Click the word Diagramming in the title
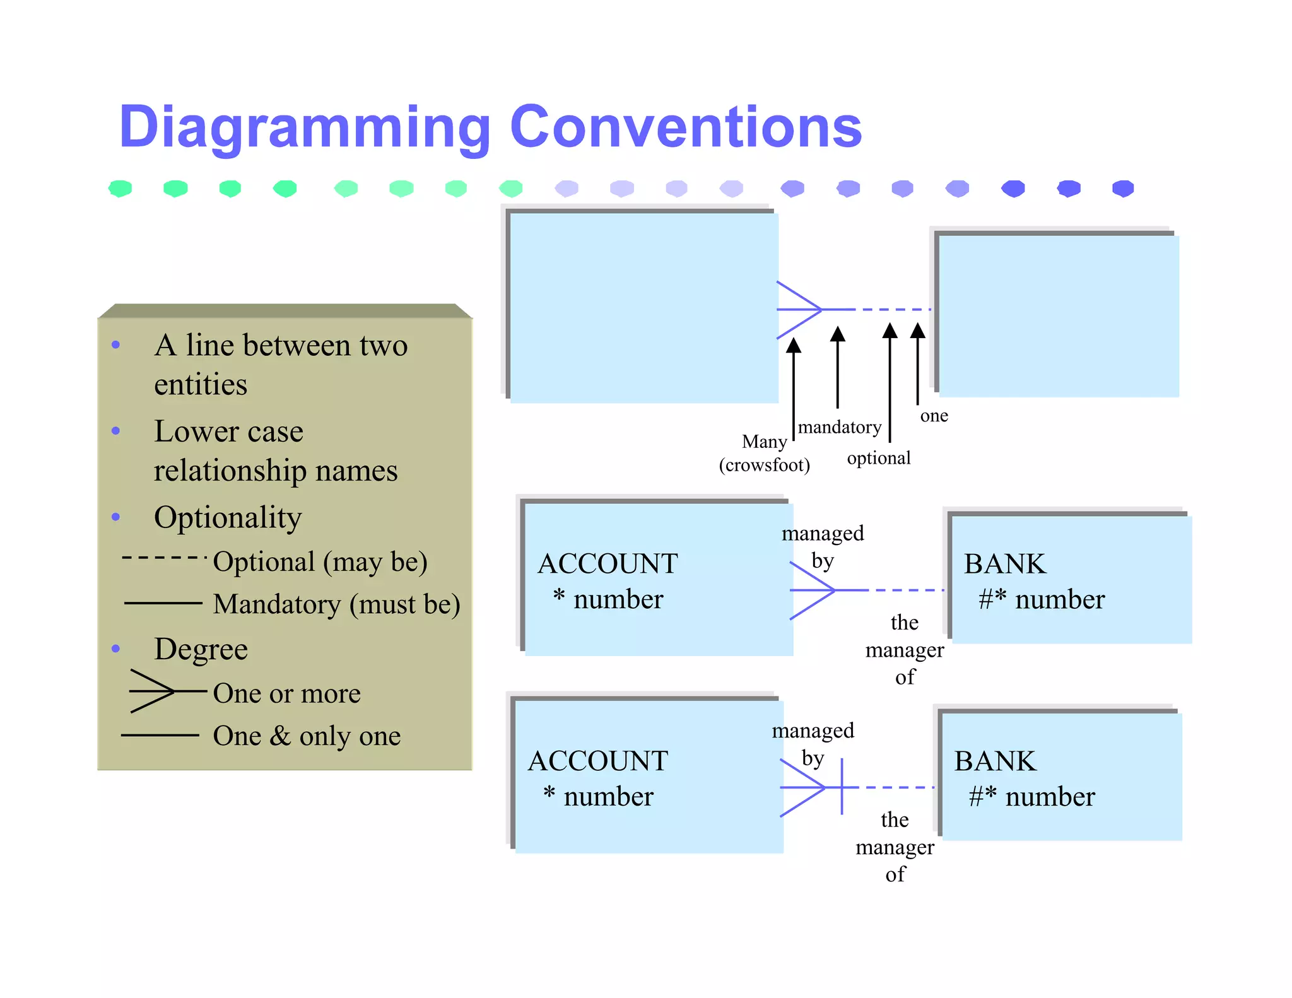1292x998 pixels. tap(305, 128)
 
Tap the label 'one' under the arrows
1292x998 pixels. tap(934, 416)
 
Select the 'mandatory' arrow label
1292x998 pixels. tap(839, 427)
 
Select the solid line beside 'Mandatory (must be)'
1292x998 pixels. tap(163, 603)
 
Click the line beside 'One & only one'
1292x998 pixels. tap(160, 735)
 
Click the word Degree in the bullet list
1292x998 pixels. tap(201, 649)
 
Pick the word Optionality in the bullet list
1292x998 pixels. tap(228, 517)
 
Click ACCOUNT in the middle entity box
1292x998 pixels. tap(608, 563)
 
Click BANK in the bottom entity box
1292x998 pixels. tap(995, 761)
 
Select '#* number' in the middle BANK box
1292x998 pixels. tap(1042, 599)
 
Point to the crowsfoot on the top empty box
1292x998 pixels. tap(799, 310)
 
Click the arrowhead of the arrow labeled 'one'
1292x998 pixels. tap(918, 330)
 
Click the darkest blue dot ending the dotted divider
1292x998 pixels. tap(1123, 188)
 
